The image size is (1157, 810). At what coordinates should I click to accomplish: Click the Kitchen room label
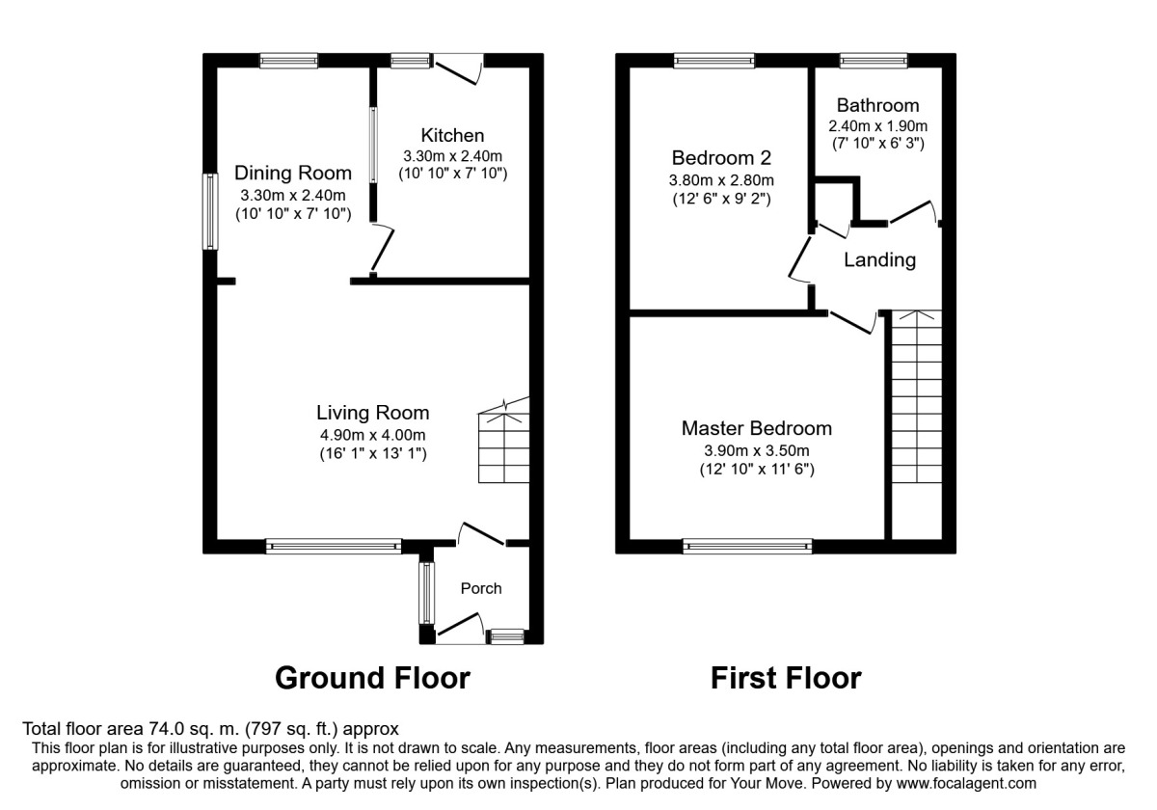452,135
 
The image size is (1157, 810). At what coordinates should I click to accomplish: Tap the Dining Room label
293,173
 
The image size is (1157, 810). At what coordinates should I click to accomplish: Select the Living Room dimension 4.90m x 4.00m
373,435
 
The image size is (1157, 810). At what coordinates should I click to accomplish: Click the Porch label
481,588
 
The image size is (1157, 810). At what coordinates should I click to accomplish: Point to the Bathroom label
877,105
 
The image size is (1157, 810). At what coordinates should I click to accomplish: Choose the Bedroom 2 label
721,157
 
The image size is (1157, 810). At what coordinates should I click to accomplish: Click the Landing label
879,259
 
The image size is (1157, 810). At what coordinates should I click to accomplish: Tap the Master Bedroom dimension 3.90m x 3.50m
757,450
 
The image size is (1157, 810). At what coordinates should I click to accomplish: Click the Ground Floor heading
372,678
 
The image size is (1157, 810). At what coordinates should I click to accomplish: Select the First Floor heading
786,678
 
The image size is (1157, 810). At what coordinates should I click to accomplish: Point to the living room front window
334,546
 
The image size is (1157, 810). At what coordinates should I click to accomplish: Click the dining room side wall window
210,211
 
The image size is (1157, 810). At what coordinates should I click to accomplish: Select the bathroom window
874,61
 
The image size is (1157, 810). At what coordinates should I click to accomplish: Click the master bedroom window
747,546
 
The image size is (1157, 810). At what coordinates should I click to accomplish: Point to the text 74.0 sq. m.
194,729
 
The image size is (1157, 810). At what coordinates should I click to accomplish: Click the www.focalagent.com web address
966,783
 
